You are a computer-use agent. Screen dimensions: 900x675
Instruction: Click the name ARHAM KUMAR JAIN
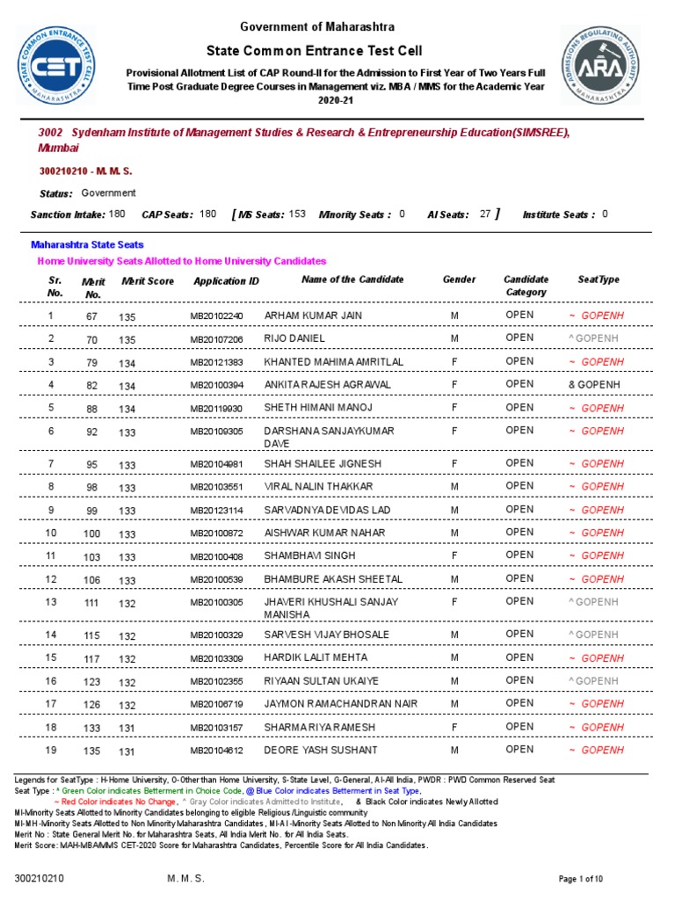tap(313, 315)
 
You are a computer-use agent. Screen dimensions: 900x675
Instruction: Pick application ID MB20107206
tap(216, 338)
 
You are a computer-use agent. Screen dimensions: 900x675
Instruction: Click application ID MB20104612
tap(216, 751)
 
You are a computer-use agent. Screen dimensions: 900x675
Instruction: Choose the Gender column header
tap(459, 279)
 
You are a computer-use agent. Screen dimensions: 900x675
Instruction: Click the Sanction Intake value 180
tap(117, 214)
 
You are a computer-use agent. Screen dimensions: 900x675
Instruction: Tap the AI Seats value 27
tap(485, 214)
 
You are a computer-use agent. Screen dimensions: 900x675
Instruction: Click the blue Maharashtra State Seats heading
tap(88, 245)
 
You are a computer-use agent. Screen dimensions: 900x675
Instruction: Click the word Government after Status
tap(109, 192)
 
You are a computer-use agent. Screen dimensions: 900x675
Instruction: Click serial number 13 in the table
tap(51, 602)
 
